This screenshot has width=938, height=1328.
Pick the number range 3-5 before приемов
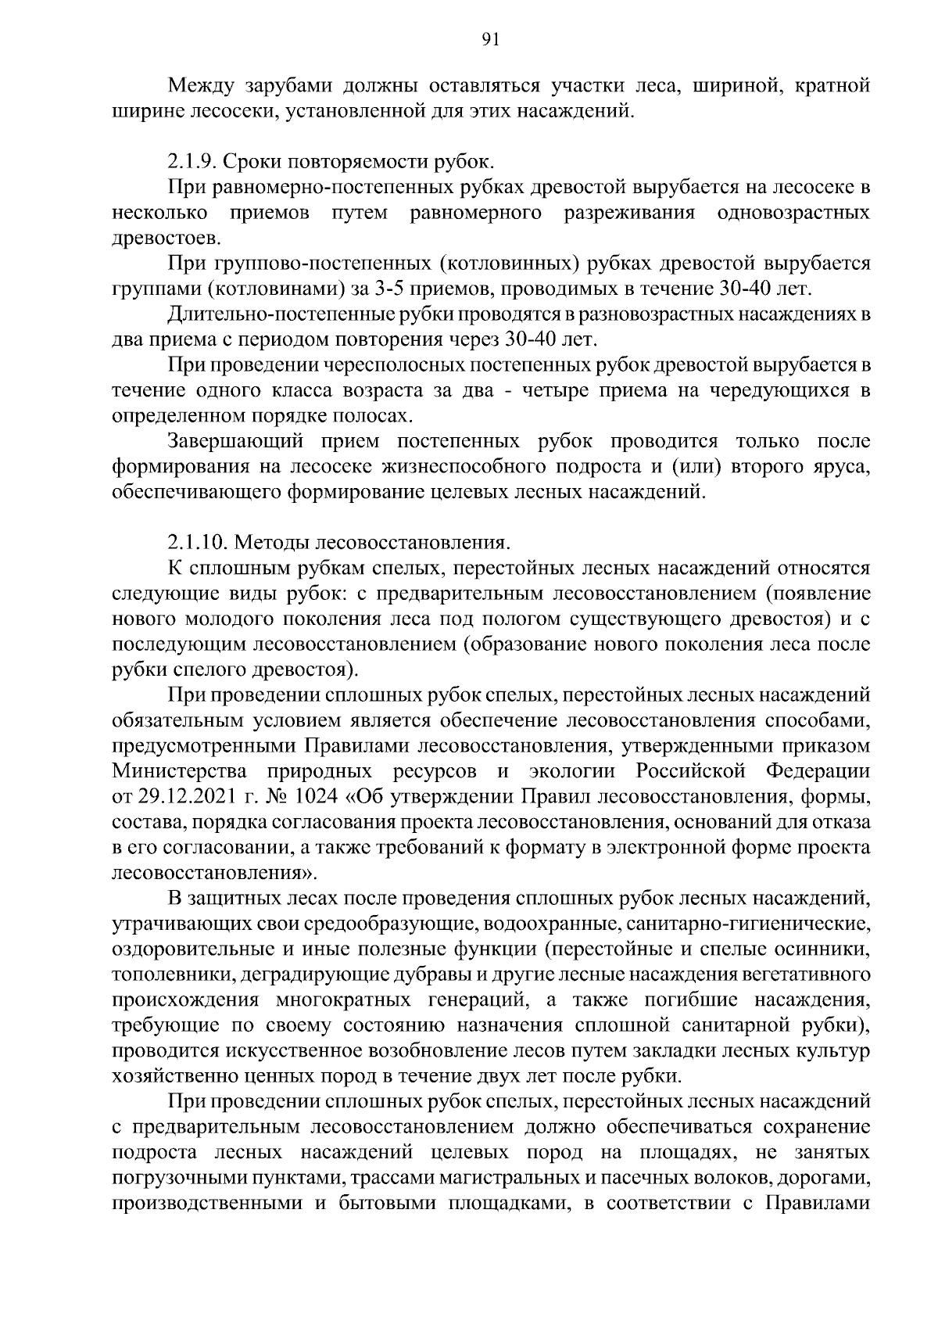(389, 289)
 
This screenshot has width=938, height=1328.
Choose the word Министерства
(181, 771)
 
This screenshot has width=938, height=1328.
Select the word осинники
(829, 949)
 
